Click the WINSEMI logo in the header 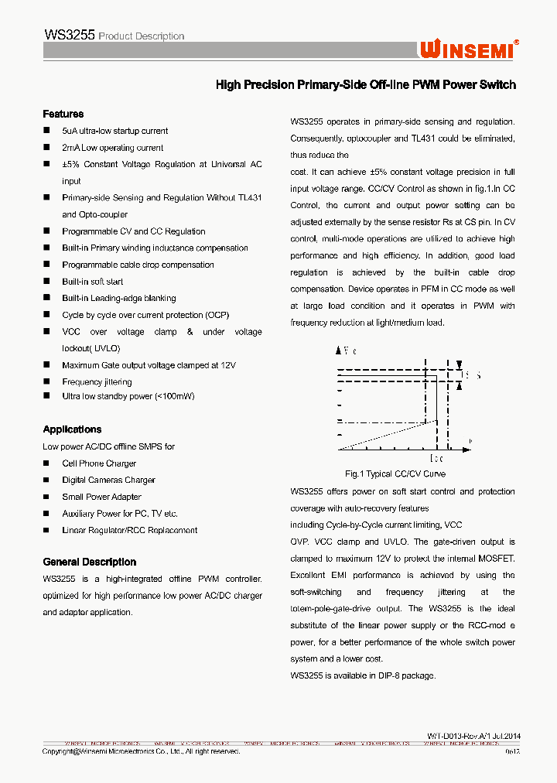coord(469,49)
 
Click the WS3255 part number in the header coord(70,35)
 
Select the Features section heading coord(63,114)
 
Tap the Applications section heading coord(72,429)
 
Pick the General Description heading coord(89,562)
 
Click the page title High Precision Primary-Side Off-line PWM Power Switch coord(365,85)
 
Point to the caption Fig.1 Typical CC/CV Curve coord(395,474)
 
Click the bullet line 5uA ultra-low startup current coord(114,131)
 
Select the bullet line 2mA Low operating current coord(112,148)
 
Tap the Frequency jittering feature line coord(97,381)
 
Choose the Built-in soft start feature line coord(93,282)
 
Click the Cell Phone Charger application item coord(99,463)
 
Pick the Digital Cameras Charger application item coord(108,480)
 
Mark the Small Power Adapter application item coord(101,497)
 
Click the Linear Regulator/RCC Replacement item coord(129,530)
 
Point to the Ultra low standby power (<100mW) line coord(128,396)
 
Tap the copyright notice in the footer coord(141,751)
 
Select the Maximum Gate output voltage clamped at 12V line coord(149,365)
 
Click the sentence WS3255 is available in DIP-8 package coord(363,675)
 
